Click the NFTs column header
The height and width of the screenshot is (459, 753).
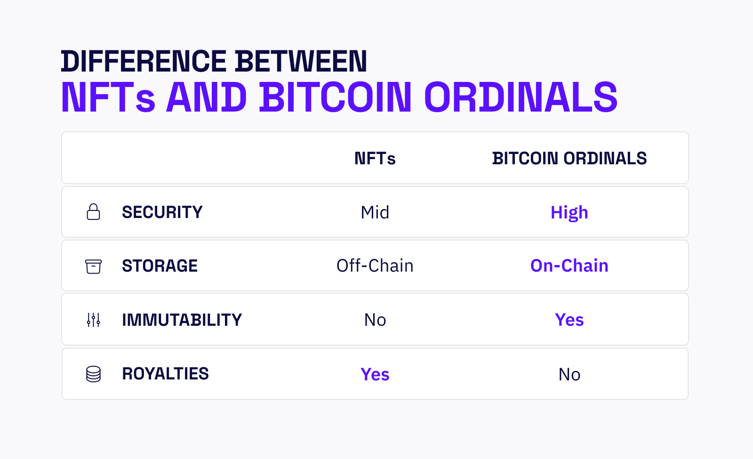(375, 159)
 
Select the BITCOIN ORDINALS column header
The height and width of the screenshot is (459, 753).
(569, 159)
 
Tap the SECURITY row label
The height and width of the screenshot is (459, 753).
(162, 212)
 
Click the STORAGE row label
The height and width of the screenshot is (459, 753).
(160, 266)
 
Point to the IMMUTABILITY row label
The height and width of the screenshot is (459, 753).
(182, 320)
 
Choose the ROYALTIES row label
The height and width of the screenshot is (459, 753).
(165, 374)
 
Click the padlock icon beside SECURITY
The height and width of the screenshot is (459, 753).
(94, 212)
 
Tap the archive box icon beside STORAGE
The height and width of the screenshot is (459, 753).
(93, 266)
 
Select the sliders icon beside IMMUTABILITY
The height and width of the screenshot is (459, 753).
(93, 320)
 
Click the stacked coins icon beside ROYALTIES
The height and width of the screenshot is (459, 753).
(93, 374)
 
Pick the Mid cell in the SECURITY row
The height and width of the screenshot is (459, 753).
(375, 213)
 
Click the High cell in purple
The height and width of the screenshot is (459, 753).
(569, 213)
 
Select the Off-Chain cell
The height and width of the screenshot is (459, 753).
(375, 266)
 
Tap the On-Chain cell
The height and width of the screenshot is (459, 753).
(569, 266)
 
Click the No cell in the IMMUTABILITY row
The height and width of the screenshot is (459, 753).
(375, 320)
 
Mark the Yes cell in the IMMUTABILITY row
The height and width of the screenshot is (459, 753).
(569, 320)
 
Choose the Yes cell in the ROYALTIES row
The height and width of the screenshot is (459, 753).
(375, 375)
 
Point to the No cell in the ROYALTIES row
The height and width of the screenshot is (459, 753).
(569, 375)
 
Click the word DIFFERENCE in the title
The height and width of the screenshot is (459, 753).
(144, 62)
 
